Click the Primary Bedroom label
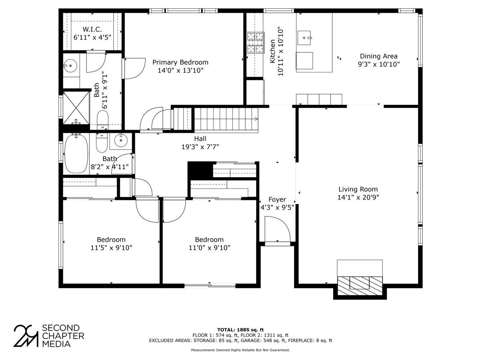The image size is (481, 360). (x=180, y=62)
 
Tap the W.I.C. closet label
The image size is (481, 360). (x=92, y=30)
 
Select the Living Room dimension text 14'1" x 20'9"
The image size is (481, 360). (x=358, y=197)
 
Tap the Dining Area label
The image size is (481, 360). (x=378, y=56)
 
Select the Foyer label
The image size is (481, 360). (x=277, y=200)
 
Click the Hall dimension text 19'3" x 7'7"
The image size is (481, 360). (x=200, y=147)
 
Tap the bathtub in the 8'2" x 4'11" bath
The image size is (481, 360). (x=76, y=154)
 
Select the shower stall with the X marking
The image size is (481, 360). (x=76, y=107)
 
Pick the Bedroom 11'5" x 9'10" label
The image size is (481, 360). (x=111, y=240)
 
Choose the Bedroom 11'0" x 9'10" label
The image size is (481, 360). (x=209, y=240)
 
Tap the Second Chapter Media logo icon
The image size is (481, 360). (x=26, y=336)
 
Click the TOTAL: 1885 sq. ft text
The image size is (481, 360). (x=240, y=330)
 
